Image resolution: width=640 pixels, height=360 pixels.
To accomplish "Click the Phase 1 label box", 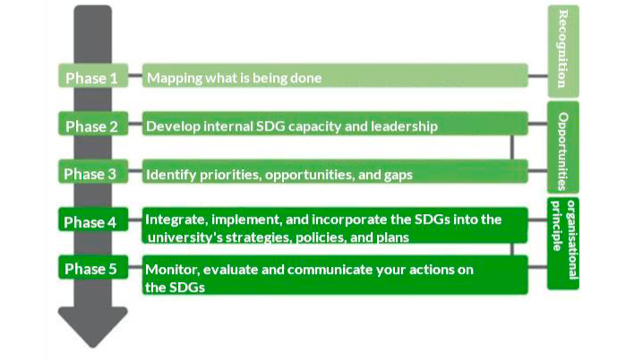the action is (x=93, y=76).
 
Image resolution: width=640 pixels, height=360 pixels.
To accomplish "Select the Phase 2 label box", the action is (x=93, y=123).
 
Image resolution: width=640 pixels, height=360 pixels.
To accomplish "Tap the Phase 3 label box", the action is (x=93, y=171).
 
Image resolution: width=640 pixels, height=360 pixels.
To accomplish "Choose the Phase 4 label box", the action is (x=93, y=219).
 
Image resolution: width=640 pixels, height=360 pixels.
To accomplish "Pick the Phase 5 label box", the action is (x=93, y=267).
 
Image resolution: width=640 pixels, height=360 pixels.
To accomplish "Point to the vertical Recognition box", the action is (x=563, y=51).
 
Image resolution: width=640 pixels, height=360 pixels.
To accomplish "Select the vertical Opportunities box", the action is (x=563, y=148).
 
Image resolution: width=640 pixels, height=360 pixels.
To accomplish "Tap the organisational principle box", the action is (x=563, y=244).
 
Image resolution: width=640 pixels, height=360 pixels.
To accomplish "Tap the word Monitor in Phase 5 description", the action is (x=172, y=270).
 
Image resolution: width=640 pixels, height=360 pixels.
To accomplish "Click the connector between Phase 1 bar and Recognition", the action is (x=538, y=76).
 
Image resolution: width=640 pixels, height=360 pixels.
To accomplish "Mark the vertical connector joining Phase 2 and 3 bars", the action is (x=512, y=147).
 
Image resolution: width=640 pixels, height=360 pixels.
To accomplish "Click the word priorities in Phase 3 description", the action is (x=230, y=175).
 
